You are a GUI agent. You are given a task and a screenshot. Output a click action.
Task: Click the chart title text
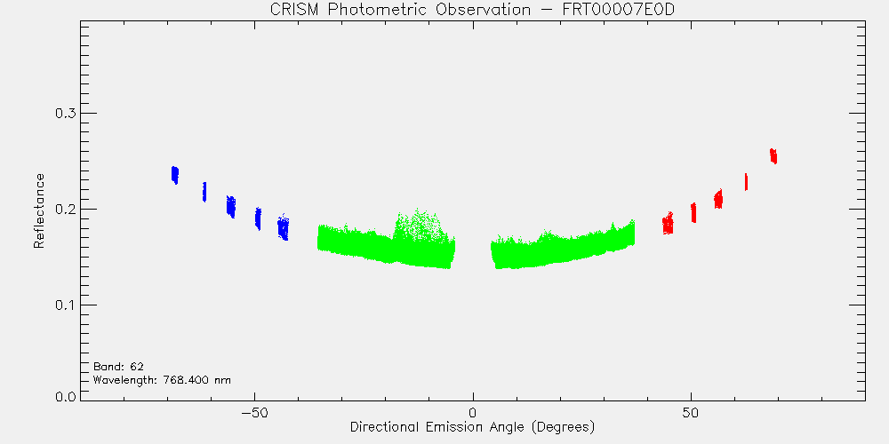472,10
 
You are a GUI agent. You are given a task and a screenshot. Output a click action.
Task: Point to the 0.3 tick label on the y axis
65,114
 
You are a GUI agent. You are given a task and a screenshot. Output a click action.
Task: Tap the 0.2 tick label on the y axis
65,209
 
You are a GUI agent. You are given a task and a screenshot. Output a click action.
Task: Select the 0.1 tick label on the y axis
65,305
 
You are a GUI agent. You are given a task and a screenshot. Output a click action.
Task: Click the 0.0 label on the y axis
65,396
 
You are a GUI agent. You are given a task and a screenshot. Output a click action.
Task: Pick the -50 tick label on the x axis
254,413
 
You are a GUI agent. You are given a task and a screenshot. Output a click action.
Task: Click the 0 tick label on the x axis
473,413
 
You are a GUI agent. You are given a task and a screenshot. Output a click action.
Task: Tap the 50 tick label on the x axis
691,413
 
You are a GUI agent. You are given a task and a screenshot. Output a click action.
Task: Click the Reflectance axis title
38,210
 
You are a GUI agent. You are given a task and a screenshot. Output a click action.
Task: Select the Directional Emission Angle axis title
472,426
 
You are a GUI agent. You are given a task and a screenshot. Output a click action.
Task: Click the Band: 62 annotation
118,367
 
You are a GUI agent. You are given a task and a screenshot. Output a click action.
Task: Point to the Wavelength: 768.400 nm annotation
162,380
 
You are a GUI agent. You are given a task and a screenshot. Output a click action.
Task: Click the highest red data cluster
773,155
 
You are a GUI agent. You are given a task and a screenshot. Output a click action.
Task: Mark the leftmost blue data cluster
174,174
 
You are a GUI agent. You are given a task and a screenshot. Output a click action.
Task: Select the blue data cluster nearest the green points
284,227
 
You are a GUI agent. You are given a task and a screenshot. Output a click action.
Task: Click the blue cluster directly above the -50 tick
258,218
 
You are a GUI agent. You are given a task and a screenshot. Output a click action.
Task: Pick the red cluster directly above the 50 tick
693,212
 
